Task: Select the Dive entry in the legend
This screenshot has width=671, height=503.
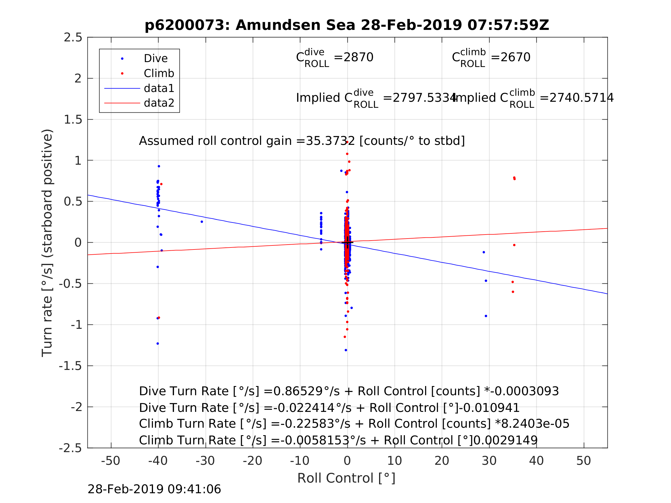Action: pyautogui.click(x=156, y=59)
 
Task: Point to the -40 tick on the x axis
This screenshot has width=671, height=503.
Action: pyautogui.click(x=158, y=461)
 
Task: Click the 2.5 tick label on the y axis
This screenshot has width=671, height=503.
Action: pyautogui.click(x=73, y=38)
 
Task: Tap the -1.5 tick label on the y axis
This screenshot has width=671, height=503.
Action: pyautogui.click(x=70, y=366)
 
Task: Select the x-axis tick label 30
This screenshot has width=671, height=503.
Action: pyautogui.click(x=489, y=461)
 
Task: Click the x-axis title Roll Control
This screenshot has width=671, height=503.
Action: pyautogui.click(x=346, y=478)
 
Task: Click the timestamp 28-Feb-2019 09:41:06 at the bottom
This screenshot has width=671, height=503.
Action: pyautogui.click(x=154, y=489)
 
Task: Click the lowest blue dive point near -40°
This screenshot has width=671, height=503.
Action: pyautogui.click(x=158, y=343)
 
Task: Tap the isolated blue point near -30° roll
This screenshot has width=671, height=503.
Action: pyautogui.click(x=202, y=222)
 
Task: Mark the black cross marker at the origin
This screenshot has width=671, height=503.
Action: pyautogui.click(x=347, y=243)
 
